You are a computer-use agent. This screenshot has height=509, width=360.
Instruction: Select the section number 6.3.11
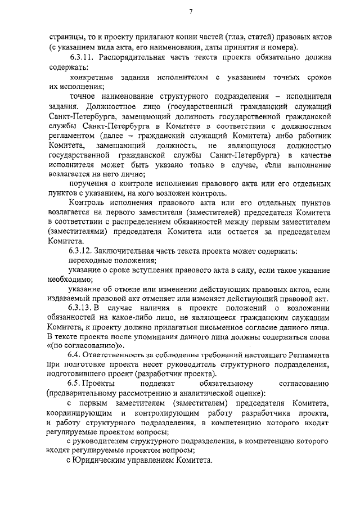(x=83, y=57)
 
